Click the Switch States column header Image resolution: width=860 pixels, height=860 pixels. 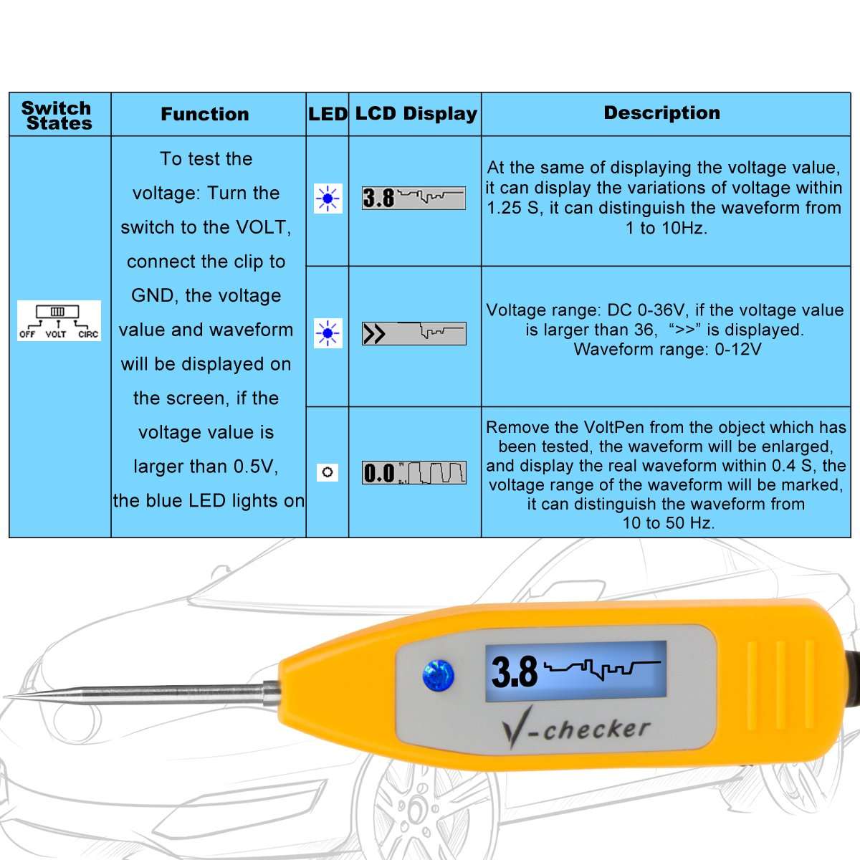[57, 115]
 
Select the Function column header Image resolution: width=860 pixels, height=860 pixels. [205, 114]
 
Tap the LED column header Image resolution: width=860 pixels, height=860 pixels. [328, 114]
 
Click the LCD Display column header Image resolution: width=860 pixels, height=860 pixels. [416, 113]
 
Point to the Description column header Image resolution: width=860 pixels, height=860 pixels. [661, 113]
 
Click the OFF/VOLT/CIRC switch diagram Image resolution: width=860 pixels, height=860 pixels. [59, 320]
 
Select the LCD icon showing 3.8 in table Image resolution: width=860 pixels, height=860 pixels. [414, 197]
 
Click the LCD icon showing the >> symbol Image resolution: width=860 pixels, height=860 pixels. [414, 333]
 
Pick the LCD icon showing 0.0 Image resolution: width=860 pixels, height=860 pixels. [414, 472]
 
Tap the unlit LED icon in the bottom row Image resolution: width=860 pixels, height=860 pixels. [328, 472]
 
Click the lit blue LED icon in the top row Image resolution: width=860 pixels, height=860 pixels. [328, 198]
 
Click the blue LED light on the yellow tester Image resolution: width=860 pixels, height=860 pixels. [438, 675]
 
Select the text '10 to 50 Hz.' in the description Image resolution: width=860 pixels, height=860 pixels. [668, 523]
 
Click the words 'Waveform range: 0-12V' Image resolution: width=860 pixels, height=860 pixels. [666, 350]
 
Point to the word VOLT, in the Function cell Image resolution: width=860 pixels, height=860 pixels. [262, 227]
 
